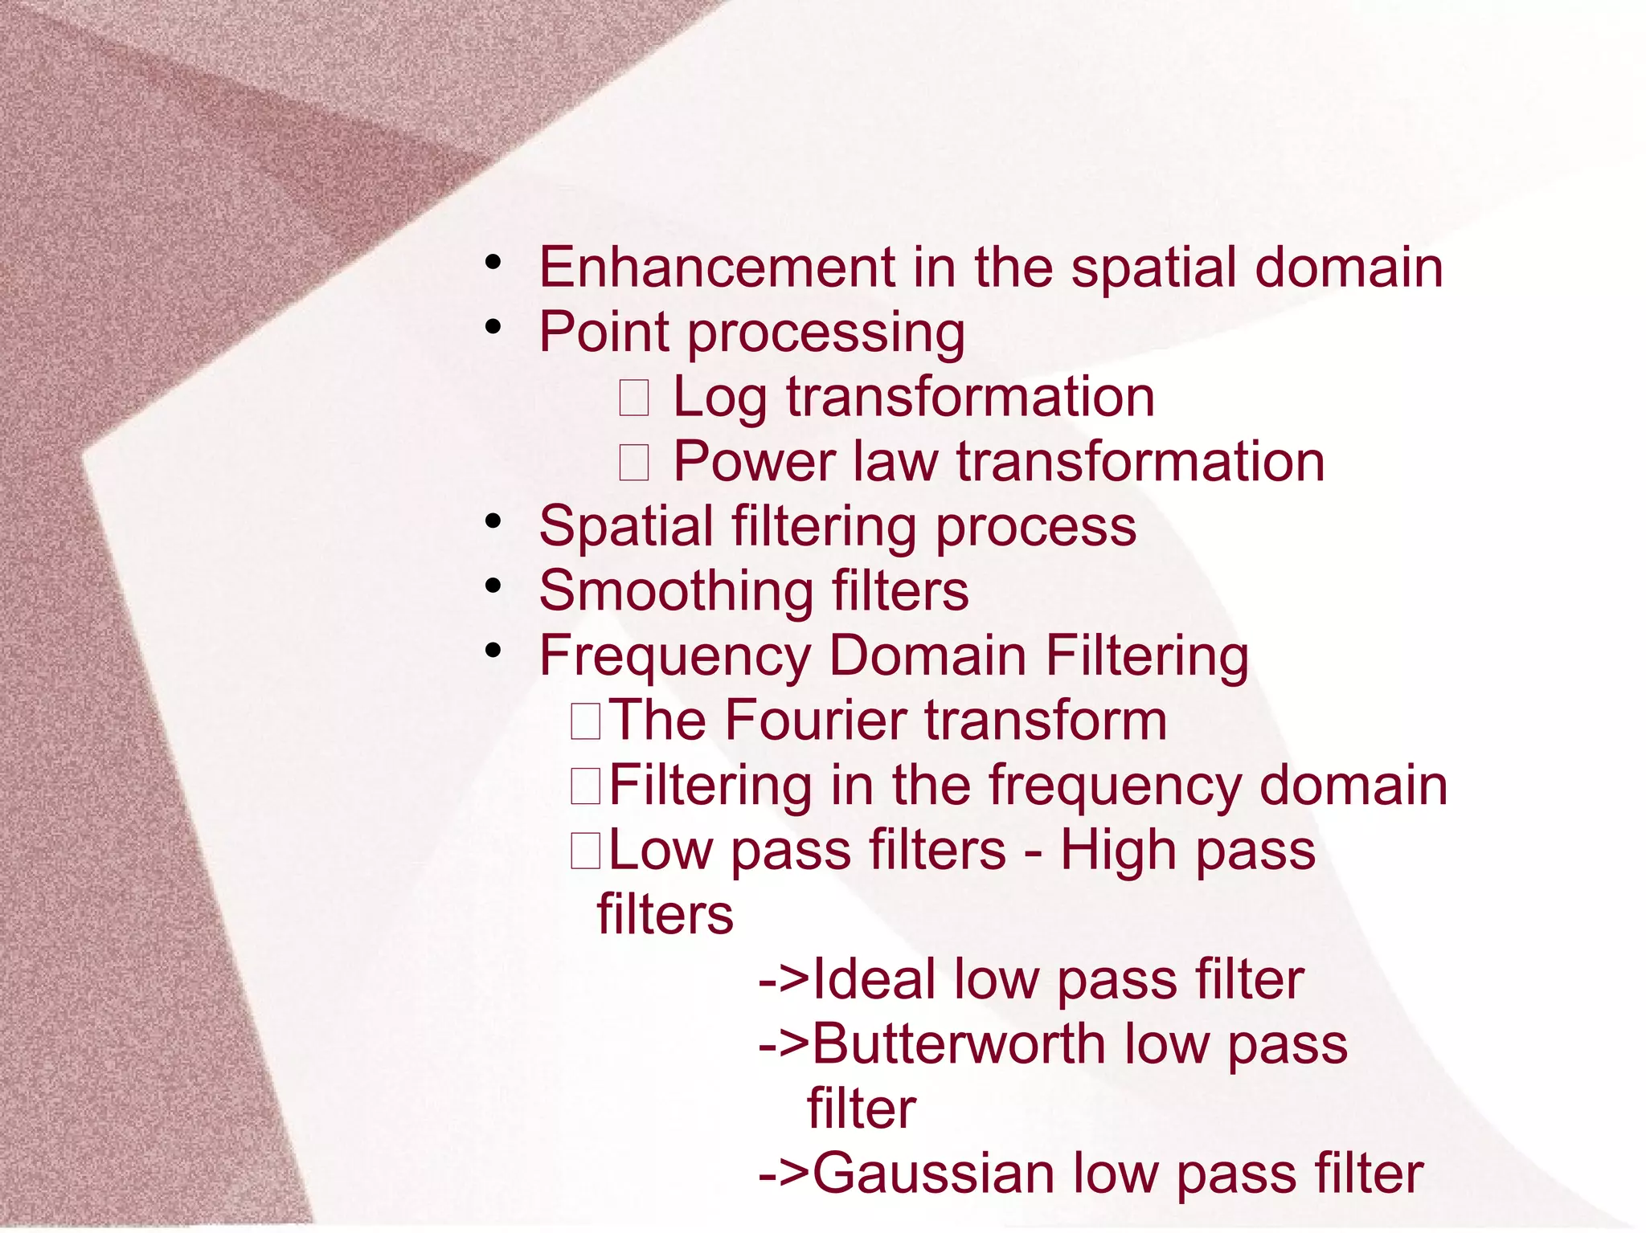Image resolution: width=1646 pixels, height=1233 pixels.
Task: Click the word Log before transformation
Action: pos(719,398)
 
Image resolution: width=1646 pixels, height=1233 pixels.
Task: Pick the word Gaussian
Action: pos(932,1174)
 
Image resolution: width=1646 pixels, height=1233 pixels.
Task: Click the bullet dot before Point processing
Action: pos(493,326)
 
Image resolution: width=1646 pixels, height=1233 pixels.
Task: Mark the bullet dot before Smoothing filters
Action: pos(493,586)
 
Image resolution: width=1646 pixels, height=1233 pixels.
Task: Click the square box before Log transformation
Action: pos(634,398)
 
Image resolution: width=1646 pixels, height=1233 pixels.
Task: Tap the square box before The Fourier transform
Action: pos(585,721)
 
